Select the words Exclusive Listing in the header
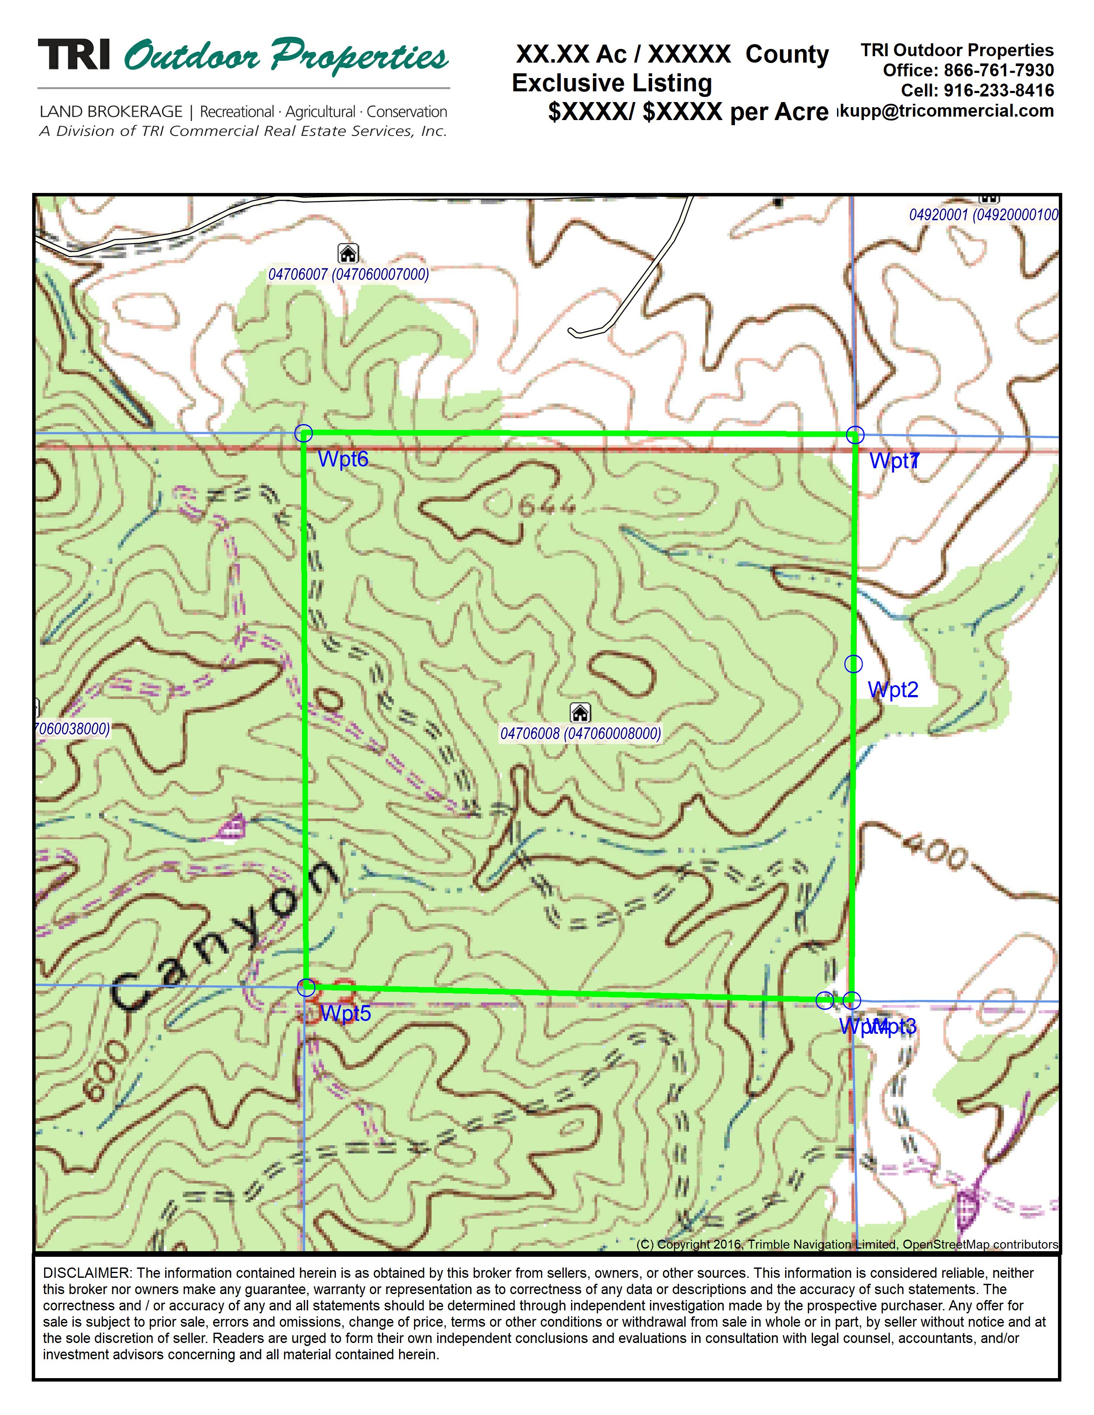pyautogui.click(x=612, y=83)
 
